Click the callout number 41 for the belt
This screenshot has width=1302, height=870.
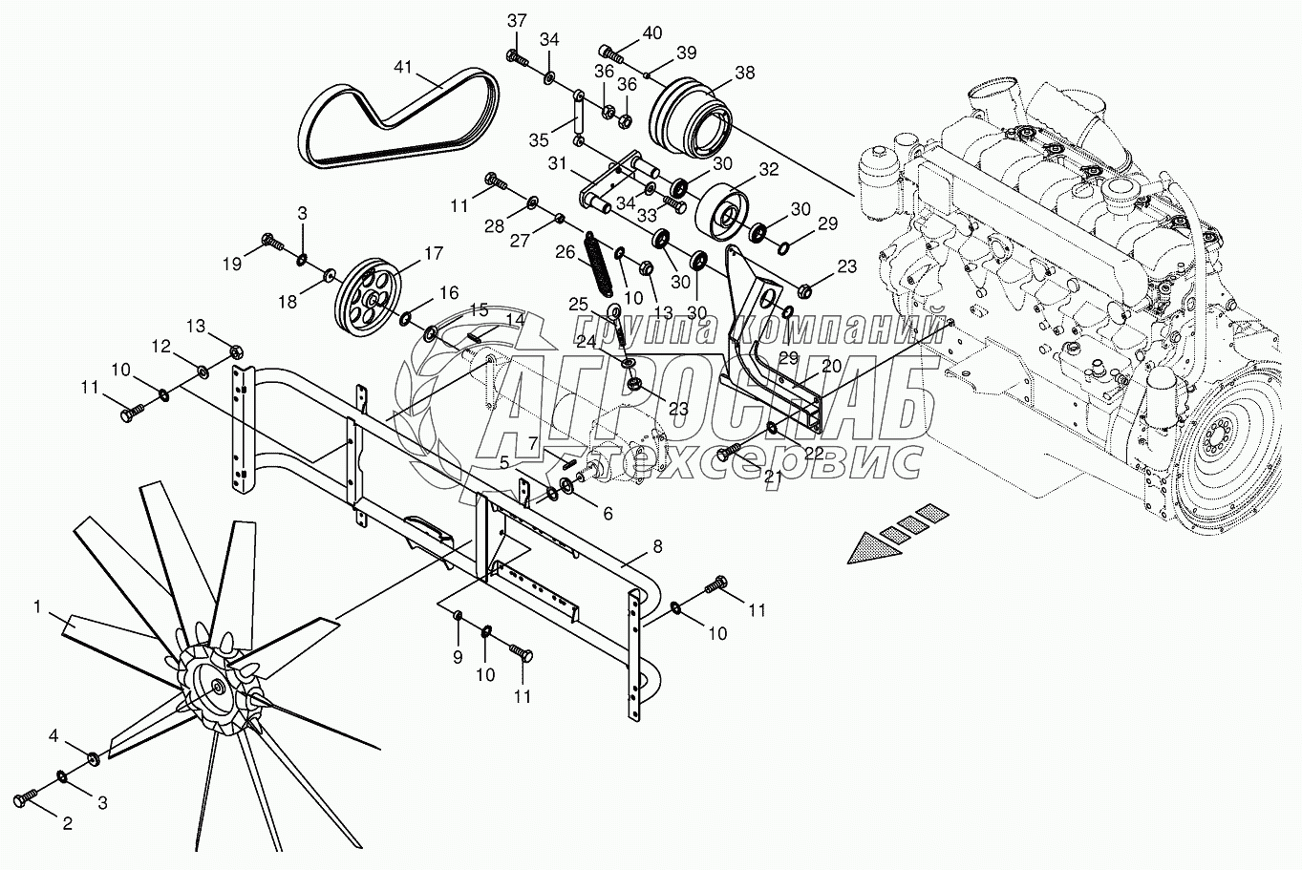coord(403,67)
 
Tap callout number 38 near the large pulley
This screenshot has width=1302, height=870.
coord(744,72)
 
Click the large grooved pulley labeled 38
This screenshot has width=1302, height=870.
coord(690,115)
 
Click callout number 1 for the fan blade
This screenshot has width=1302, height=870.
coord(37,606)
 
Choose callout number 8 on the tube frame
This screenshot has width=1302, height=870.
coord(656,547)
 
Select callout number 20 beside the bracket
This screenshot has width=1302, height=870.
coord(831,366)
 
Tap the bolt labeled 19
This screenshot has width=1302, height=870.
coord(270,242)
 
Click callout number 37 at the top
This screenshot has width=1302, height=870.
coord(517,21)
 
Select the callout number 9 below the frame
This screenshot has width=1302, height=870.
coord(457,656)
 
